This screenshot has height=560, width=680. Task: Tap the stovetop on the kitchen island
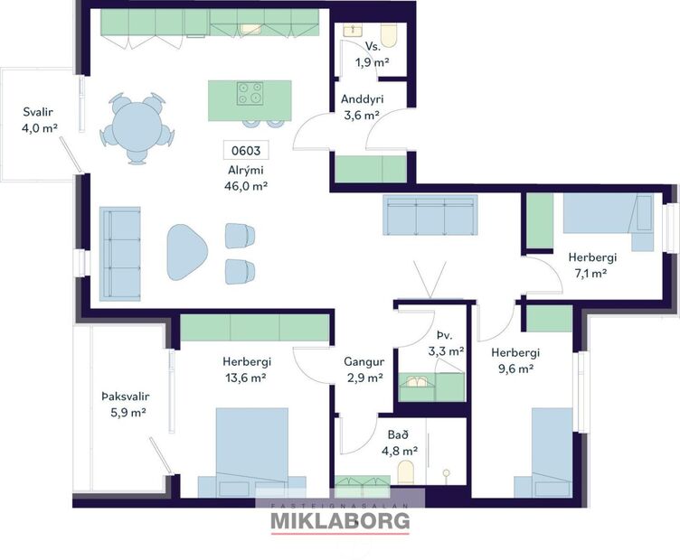tap(250, 92)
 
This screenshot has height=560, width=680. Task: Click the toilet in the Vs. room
tap(390, 34)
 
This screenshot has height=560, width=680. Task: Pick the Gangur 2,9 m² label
tap(364, 369)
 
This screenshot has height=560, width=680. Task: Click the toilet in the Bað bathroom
tap(406, 471)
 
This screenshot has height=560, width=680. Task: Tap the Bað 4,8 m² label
tap(399, 442)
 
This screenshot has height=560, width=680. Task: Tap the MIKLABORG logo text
tap(340, 521)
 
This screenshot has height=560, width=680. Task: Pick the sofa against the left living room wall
tap(120, 252)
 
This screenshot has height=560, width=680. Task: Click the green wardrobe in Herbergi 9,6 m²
tap(549, 319)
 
